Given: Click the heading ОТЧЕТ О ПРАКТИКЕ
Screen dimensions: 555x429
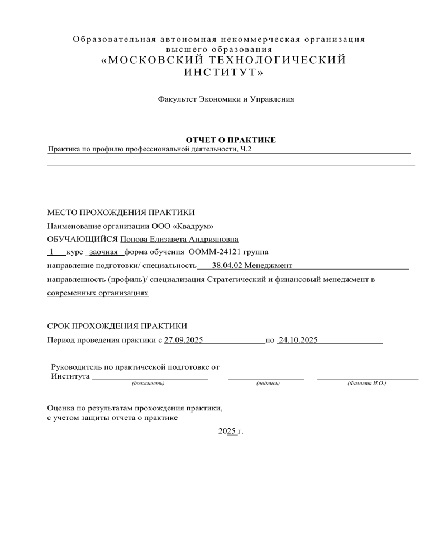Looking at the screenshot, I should (x=230, y=140).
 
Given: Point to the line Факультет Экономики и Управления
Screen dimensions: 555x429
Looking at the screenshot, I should (x=226, y=99).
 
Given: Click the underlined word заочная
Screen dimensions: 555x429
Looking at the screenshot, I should (x=103, y=252).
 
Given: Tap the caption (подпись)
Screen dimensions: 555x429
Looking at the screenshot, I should (x=267, y=384).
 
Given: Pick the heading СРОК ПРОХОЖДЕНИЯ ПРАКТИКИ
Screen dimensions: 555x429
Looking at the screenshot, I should (x=116, y=326).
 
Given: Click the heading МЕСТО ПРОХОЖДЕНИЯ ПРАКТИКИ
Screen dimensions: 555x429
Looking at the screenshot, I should (x=121, y=213).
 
